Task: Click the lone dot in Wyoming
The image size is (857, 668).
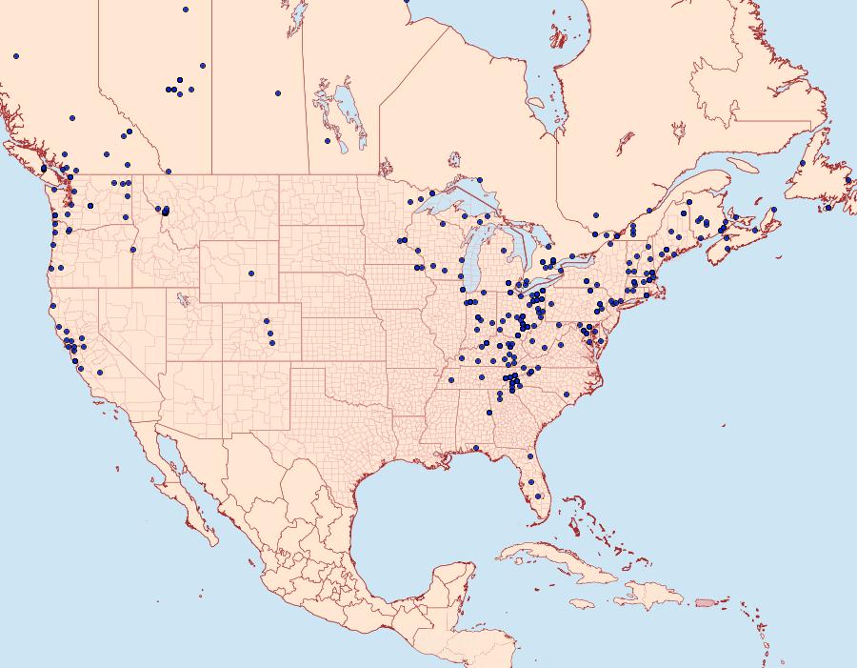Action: click(x=251, y=273)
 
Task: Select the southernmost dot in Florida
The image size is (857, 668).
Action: click(x=540, y=495)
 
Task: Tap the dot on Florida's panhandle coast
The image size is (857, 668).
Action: click(x=475, y=448)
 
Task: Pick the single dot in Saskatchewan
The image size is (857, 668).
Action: click(x=277, y=93)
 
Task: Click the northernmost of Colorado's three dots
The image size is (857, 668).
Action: click(x=267, y=321)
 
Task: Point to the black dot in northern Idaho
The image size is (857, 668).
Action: click(x=165, y=213)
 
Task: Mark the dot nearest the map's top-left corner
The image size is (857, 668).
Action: click(x=16, y=56)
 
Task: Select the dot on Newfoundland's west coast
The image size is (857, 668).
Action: click(x=803, y=163)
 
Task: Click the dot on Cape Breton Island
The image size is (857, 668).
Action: click(x=774, y=209)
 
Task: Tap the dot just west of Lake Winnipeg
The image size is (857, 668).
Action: click(x=327, y=141)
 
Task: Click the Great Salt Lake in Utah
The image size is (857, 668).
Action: click(x=178, y=301)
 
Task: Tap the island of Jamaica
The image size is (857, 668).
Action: click(x=584, y=604)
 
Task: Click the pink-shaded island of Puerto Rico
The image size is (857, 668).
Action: click(x=704, y=602)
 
